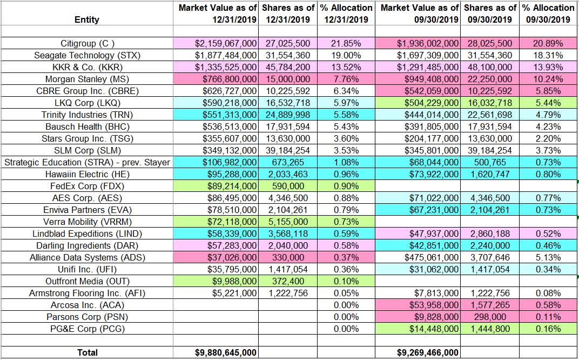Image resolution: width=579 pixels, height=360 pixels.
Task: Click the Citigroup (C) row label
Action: (x=87, y=43)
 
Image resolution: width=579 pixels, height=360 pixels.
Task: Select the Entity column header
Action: (x=87, y=19)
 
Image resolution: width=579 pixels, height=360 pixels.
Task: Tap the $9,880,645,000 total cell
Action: (x=226, y=352)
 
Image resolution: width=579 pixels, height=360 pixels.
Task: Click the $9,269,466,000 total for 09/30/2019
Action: (x=428, y=352)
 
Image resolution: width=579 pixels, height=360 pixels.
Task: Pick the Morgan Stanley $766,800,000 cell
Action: (x=226, y=79)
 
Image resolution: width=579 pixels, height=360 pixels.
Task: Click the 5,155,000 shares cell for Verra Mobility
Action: (x=288, y=222)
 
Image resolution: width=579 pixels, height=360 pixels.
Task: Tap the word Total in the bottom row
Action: (x=87, y=352)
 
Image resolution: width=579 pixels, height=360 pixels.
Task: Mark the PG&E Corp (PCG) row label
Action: (x=87, y=329)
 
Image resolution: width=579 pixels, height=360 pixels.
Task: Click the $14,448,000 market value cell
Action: (x=428, y=329)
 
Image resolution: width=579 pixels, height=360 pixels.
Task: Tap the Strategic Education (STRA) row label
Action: (x=87, y=162)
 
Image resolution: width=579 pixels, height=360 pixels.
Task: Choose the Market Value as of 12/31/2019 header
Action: (x=218, y=14)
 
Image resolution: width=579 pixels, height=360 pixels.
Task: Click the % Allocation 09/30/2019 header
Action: (x=548, y=14)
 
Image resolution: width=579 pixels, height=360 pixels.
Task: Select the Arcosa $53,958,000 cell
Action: (x=428, y=305)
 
